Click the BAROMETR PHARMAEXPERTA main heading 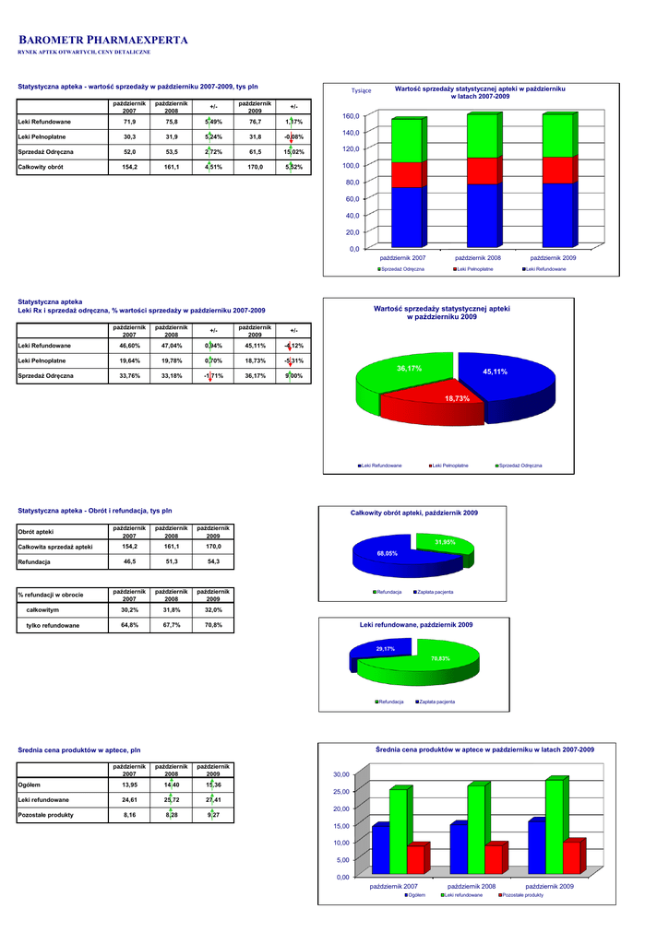coord(103,41)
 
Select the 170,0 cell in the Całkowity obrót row coord(255,167)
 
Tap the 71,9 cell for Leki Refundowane coord(129,122)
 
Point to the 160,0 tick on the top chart coord(350,116)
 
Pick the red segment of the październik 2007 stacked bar coord(408,174)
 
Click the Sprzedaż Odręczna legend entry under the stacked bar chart coord(402,268)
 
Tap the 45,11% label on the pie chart coord(496,372)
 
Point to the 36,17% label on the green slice coord(409,368)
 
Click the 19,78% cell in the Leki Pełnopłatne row coord(172,360)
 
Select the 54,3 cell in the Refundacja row coord(213,561)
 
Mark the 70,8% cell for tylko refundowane coord(213,625)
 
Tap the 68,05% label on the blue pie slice coord(388,553)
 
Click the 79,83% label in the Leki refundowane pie coord(440,658)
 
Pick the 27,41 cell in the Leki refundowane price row coord(213,799)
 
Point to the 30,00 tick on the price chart coord(341,774)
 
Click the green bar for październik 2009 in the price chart coord(554,826)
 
